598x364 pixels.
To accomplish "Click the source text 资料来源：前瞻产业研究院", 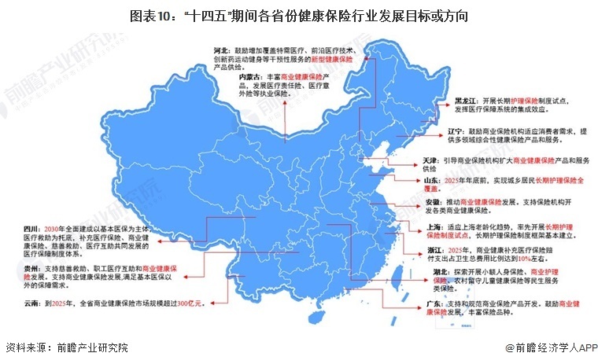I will (x=66, y=347).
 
